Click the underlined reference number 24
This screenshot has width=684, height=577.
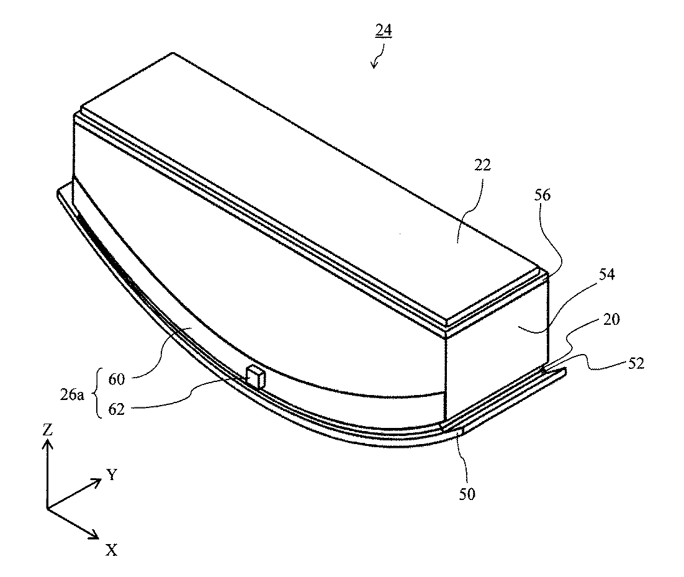click(x=383, y=31)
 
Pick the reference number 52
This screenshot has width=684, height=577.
click(x=634, y=365)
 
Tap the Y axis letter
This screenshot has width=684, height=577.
click(x=112, y=475)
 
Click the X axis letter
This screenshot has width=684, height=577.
click(x=112, y=549)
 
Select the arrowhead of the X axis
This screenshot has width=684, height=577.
click(x=94, y=535)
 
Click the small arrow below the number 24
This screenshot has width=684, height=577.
click(x=375, y=61)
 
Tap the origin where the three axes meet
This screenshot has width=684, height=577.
click(x=48, y=508)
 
